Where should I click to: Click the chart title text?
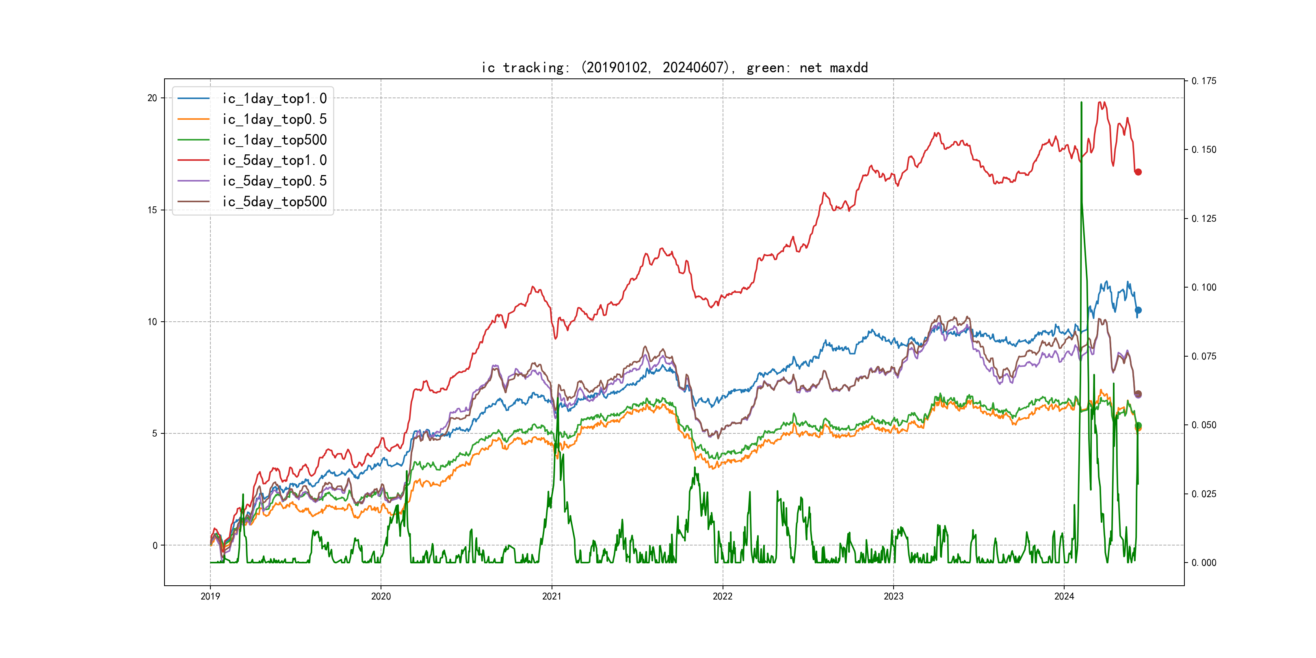click(x=674, y=67)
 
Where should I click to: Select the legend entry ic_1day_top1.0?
click(x=274, y=99)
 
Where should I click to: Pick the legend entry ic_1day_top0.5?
click(x=274, y=119)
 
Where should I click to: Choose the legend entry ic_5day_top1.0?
click(x=274, y=160)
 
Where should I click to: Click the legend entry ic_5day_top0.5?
click(x=274, y=181)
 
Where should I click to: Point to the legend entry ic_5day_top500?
click(x=274, y=201)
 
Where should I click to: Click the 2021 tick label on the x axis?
click(x=552, y=596)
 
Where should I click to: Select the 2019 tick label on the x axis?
click(x=210, y=596)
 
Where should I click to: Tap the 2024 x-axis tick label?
click(x=1064, y=596)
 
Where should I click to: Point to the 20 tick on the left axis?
click(x=152, y=98)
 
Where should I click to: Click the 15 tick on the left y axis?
click(x=152, y=210)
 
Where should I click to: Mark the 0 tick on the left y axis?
click(x=155, y=545)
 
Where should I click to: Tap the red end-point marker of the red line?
click(x=1138, y=172)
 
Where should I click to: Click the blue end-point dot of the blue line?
click(x=1138, y=310)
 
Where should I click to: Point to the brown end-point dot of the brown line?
click(x=1138, y=394)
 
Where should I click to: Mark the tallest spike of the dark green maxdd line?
click(x=1081, y=103)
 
